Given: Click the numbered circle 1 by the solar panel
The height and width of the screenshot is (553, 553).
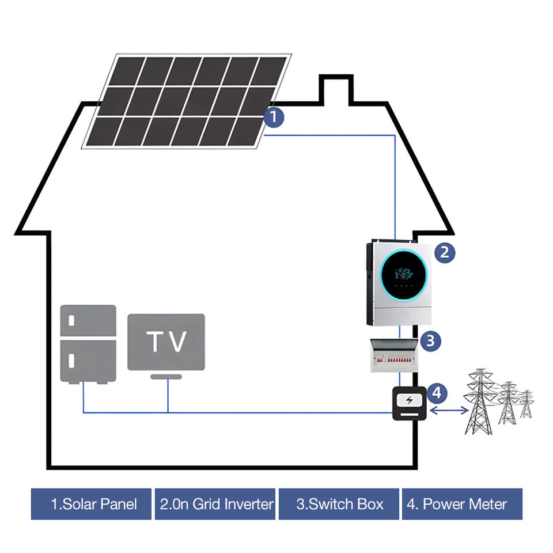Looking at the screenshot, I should [x=274, y=118].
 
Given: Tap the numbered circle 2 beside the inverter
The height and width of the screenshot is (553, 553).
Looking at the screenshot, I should [x=445, y=252].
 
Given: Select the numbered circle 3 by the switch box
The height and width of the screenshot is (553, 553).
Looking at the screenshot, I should [x=431, y=340].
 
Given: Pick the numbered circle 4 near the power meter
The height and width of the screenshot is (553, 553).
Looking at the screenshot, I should [x=437, y=393].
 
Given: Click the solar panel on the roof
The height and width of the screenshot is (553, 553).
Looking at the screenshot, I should [x=186, y=101].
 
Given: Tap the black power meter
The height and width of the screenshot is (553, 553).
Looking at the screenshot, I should [x=409, y=404].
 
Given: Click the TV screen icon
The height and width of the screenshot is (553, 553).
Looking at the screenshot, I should [x=166, y=342].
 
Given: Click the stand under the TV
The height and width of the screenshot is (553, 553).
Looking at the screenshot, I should [x=166, y=377].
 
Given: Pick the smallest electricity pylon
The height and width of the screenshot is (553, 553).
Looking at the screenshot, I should [x=526, y=404].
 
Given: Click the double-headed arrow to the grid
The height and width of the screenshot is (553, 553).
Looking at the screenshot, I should [x=448, y=410].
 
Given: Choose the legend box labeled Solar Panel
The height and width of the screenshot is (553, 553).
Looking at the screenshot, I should [x=91, y=504].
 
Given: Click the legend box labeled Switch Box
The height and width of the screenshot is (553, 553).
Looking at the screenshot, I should [x=339, y=504].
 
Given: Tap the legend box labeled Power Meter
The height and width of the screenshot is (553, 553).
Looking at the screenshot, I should [x=462, y=504].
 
